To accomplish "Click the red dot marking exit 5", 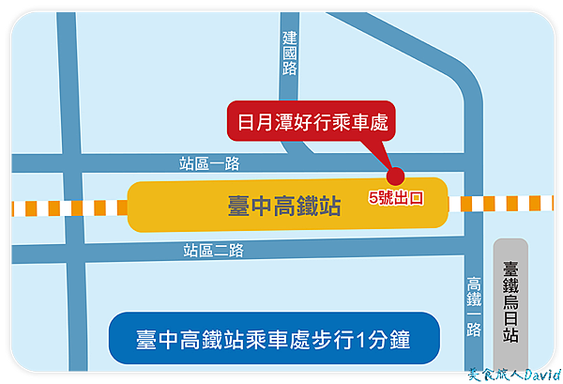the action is pyautogui.click(x=395, y=176).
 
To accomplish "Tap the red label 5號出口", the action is pyautogui.click(x=396, y=198).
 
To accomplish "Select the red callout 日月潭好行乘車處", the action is pyautogui.click(x=312, y=121).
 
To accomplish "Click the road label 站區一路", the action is pyautogui.click(x=209, y=163).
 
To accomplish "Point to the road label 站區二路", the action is pyautogui.click(x=213, y=251).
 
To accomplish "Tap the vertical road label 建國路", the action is pyautogui.click(x=289, y=54).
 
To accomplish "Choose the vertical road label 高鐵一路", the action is pyautogui.click(x=474, y=306).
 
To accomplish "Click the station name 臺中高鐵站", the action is pyautogui.click(x=284, y=206).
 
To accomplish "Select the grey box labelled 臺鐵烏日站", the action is pyautogui.click(x=510, y=303).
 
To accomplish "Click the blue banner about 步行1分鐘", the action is pyautogui.click(x=274, y=338).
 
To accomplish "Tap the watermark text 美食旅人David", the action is pyautogui.click(x=514, y=375).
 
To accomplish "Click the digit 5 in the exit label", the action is pyautogui.click(x=373, y=198).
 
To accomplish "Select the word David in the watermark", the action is pyautogui.click(x=542, y=375).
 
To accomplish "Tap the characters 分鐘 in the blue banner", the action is pyautogui.click(x=388, y=340).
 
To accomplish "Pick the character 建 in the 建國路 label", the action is pyautogui.click(x=289, y=38).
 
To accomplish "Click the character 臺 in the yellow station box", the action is pyautogui.click(x=238, y=206).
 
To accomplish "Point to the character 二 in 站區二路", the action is pyautogui.click(x=221, y=251).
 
